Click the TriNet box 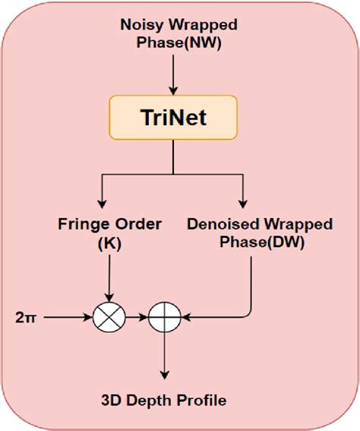(174, 119)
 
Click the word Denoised (221, 224)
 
